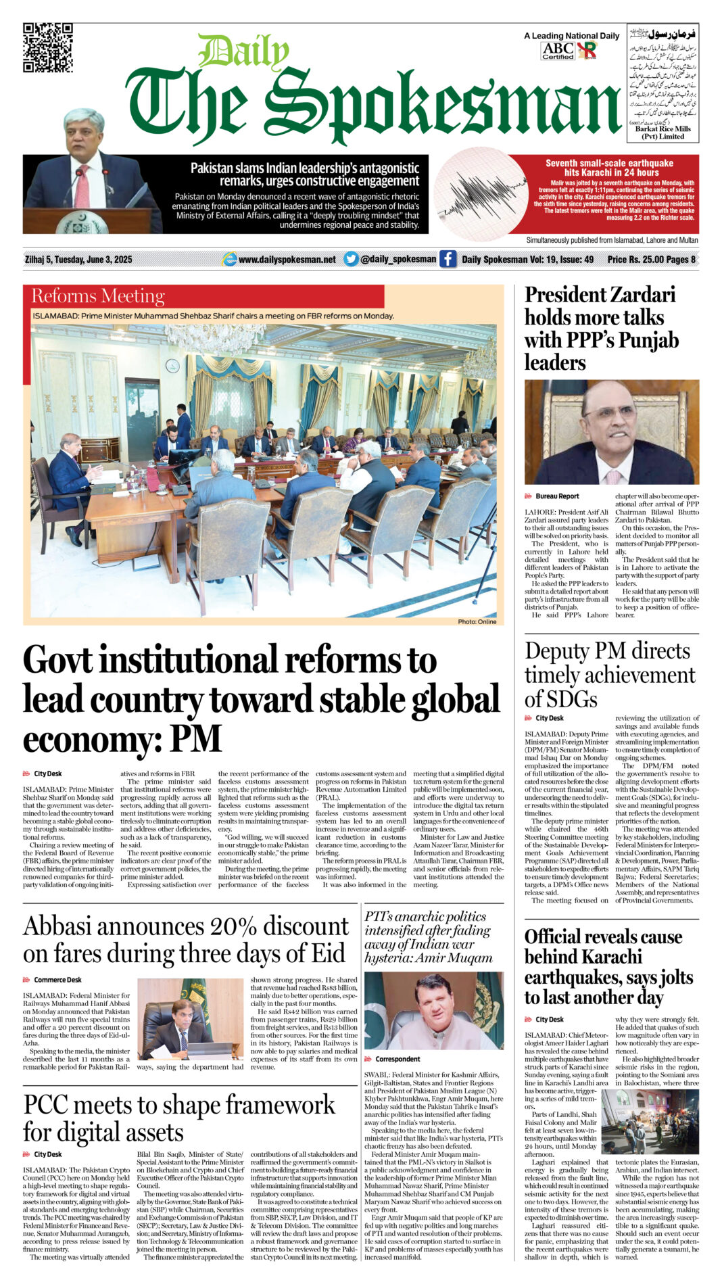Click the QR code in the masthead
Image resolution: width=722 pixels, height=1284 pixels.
tap(47, 47)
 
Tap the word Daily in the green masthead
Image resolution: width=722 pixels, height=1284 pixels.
tap(244, 52)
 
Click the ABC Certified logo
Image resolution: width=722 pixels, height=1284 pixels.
tap(558, 51)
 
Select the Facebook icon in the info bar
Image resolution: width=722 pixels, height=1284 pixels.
tap(448, 259)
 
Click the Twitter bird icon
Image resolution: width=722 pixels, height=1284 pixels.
tap(350, 259)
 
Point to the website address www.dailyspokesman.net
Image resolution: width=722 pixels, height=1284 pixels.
tap(287, 260)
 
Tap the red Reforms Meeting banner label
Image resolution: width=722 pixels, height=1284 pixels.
tap(98, 296)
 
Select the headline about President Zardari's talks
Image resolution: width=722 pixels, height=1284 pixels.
tap(601, 328)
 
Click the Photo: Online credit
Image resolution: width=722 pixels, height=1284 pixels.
tap(477, 621)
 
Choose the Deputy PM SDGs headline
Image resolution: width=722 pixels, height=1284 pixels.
tap(609, 674)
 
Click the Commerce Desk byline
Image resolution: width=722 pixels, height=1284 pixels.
tap(58, 980)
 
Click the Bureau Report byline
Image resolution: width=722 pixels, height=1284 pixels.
tap(557, 496)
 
